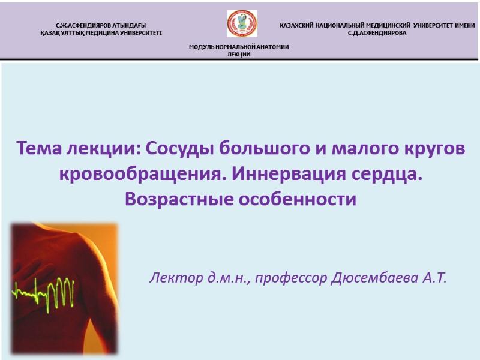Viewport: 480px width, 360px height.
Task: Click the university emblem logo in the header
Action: click(x=242, y=23)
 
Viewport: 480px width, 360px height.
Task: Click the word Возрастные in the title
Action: click(x=175, y=199)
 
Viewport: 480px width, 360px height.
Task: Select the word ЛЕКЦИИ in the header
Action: click(x=239, y=55)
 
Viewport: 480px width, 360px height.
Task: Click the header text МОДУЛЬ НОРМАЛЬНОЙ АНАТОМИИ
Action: click(x=239, y=47)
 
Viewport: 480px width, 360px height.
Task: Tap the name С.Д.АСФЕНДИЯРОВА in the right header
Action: click(x=377, y=32)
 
